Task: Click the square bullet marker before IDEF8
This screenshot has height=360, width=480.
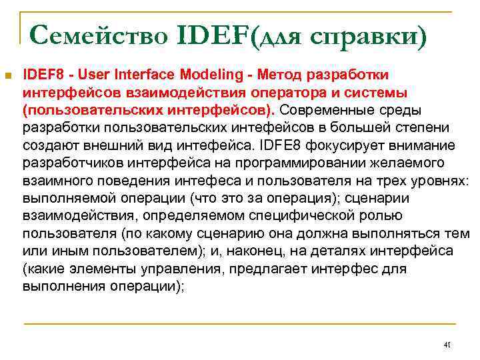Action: tap(8, 74)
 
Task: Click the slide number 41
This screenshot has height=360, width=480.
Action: tap(447, 345)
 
